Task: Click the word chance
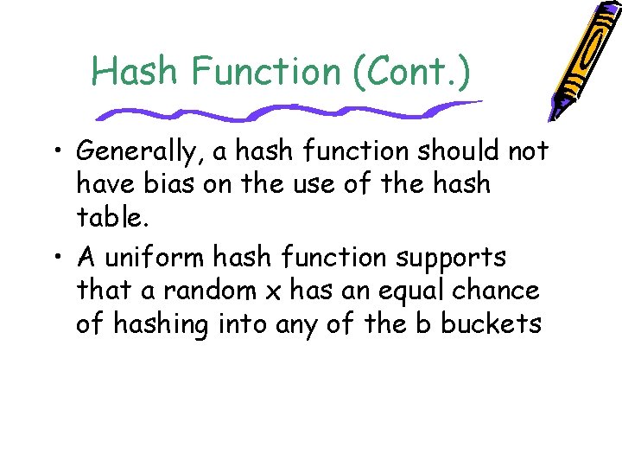[x=496, y=291]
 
